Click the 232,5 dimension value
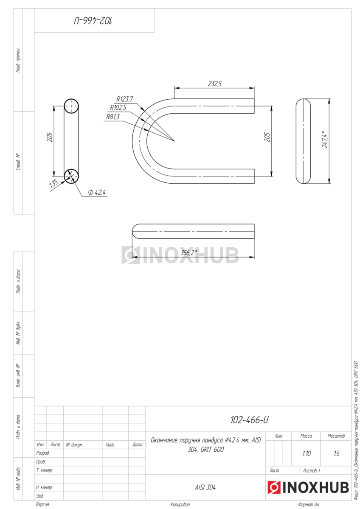tap(214, 84)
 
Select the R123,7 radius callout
tap(125, 99)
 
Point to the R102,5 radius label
tap(118, 107)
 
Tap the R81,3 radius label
tap(113, 117)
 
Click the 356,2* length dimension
tap(188, 252)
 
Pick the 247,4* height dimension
tap(325, 139)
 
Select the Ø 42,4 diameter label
tap(97, 193)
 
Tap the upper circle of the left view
tap(71, 106)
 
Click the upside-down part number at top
tap(93, 21)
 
